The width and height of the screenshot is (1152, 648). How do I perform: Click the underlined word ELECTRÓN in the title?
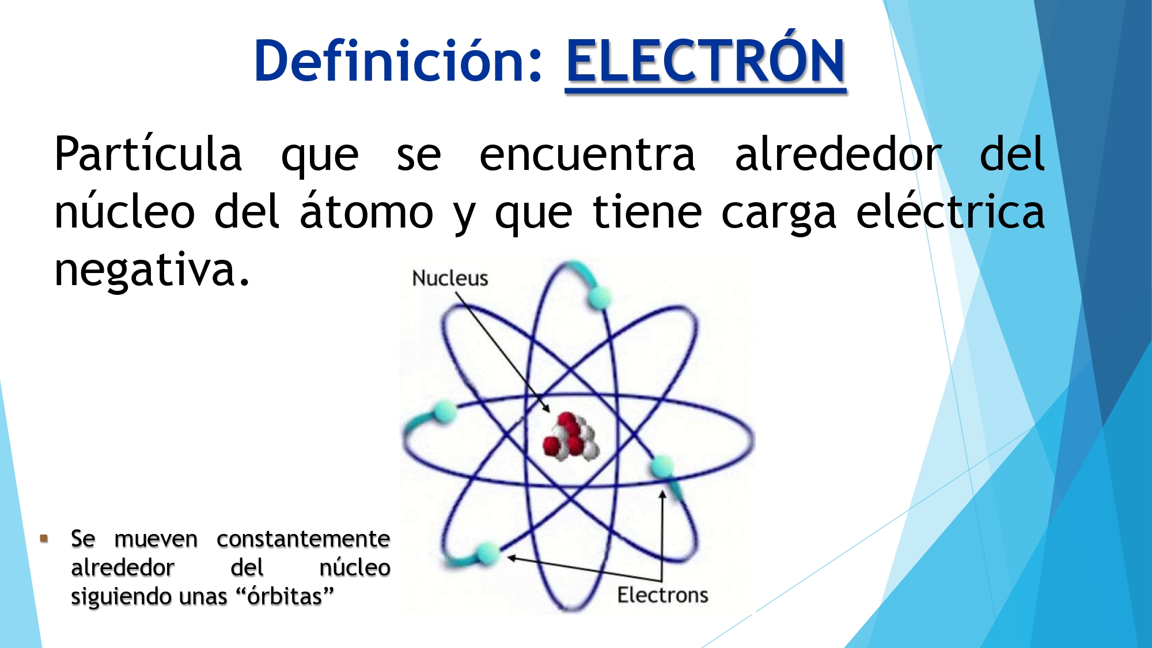706,60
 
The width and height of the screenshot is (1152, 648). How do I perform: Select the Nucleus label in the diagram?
450,278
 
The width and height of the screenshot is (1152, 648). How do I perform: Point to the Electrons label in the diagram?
662,595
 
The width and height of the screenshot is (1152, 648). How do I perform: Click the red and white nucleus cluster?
570,438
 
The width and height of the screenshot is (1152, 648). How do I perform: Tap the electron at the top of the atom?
599,298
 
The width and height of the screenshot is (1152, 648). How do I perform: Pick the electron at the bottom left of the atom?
488,552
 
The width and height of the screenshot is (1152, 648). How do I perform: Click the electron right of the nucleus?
662,465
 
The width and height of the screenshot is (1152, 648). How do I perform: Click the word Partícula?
148,154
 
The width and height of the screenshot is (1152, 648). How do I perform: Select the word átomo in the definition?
366,212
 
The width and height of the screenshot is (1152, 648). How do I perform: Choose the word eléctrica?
950,212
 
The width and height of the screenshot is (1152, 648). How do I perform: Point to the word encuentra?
588,154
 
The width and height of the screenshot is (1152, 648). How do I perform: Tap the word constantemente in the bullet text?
303,539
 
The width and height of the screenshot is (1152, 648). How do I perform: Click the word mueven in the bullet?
156,539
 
